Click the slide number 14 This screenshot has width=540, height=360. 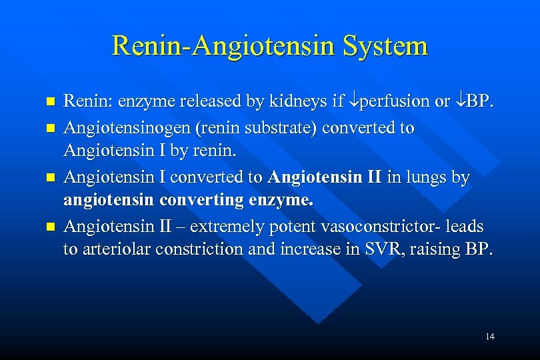[490, 336]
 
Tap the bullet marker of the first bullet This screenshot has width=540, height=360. [47, 103]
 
